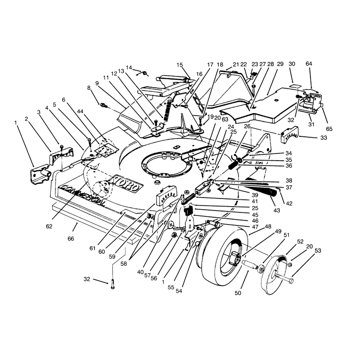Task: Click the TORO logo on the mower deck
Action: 126,184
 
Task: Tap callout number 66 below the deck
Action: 71,239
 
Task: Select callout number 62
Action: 49,226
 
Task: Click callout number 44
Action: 81,112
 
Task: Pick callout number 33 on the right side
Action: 324,138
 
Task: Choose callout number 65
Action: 329,129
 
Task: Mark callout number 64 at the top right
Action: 309,63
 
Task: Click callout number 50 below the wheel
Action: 238,293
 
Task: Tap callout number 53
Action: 318,251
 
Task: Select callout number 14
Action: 129,67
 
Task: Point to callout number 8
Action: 89,88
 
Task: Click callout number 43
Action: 277,210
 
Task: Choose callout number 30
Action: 292,64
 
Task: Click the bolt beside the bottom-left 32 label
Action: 112,284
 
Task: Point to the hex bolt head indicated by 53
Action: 291,280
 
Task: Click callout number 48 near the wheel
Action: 268,226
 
